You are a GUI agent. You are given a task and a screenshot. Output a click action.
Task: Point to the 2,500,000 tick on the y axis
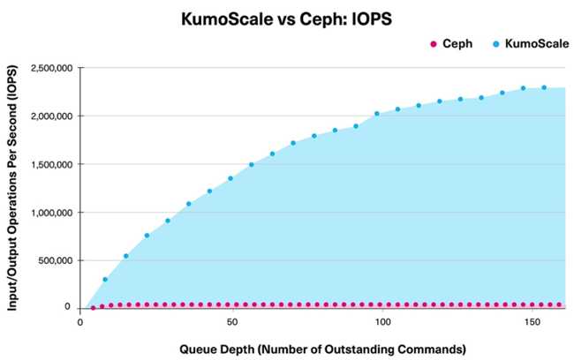[52, 68]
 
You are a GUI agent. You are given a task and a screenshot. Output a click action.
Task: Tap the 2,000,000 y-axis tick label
[52, 116]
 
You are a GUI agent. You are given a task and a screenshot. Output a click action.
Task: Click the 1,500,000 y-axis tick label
[52, 164]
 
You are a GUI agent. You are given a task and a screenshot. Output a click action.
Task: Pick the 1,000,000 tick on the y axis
[52, 213]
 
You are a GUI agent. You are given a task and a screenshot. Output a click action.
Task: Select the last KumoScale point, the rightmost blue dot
[544, 87]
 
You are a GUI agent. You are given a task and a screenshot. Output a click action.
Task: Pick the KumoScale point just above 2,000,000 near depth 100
[377, 114]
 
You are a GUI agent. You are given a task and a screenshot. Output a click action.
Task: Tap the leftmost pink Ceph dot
[93, 308]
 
